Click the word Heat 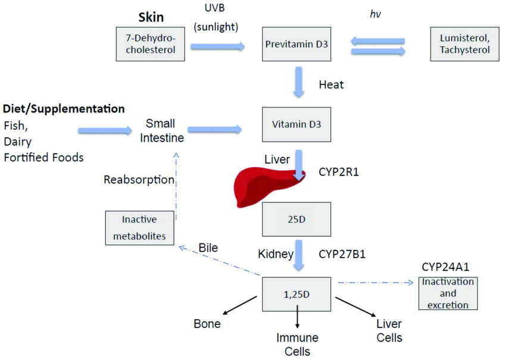pyautogui.click(x=332, y=85)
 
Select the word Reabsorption pyautogui.click(x=139, y=179)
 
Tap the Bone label pyautogui.click(x=207, y=324)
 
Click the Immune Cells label pyautogui.click(x=296, y=345)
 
